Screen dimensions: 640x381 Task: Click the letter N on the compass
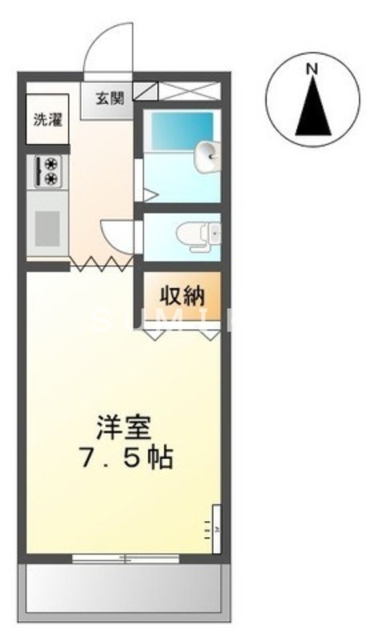[x=311, y=69]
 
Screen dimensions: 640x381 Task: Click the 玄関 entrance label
[x=110, y=98]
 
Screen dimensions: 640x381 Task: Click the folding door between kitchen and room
[x=102, y=263]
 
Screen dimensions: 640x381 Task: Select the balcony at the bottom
[x=124, y=591]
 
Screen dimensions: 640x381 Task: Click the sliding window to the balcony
[x=124, y=558]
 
